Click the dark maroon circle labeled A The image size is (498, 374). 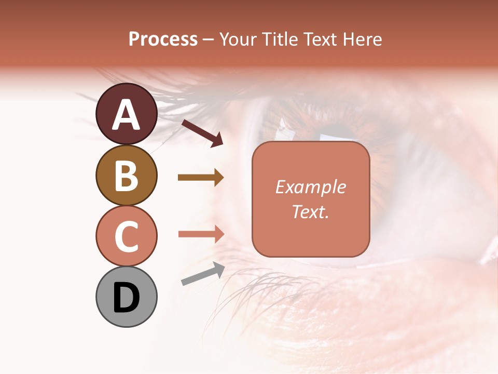coord(127,114)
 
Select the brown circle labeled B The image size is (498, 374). coord(127,175)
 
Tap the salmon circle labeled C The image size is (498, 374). coord(127,236)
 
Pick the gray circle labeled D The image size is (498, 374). coord(127,297)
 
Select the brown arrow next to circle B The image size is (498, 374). coord(201,178)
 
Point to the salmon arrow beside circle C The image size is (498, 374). coord(201,234)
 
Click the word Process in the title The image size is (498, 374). coord(163,39)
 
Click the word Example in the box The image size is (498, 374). coord(310,187)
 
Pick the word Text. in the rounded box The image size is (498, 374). coord(310,211)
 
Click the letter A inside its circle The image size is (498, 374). coord(127,115)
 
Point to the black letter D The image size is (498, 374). coord(126,298)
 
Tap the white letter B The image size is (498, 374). coord(126,176)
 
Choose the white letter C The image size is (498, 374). coord(126,236)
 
